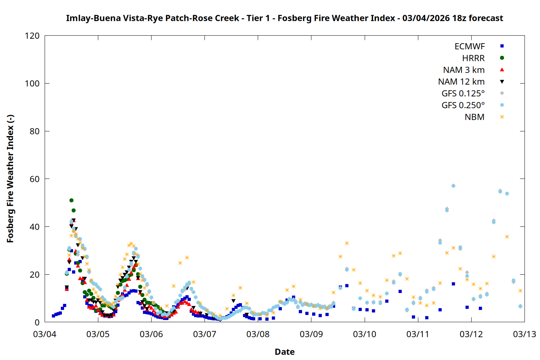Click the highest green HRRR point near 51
[x=71, y=200]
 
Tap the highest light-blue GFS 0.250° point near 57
[x=453, y=186]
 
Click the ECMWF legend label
[x=469, y=46]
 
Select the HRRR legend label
[x=473, y=58]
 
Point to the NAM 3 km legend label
[x=464, y=70]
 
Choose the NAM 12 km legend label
[x=461, y=82]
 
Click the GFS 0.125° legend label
[x=463, y=94]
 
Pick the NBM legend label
[x=474, y=117]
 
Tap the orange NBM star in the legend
[x=502, y=117]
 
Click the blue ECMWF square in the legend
[x=502, y=46]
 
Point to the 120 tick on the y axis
[x=32, y=36]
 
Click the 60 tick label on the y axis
[x=35, y=179]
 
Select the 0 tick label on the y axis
[x=37, y=322]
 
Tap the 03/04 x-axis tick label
[x=45, y=334]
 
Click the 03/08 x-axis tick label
[x=258, y=334]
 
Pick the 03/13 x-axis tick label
[x=524, y=334]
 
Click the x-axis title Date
[x=284, y=352]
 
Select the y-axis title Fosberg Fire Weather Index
[x=10, y=179]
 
